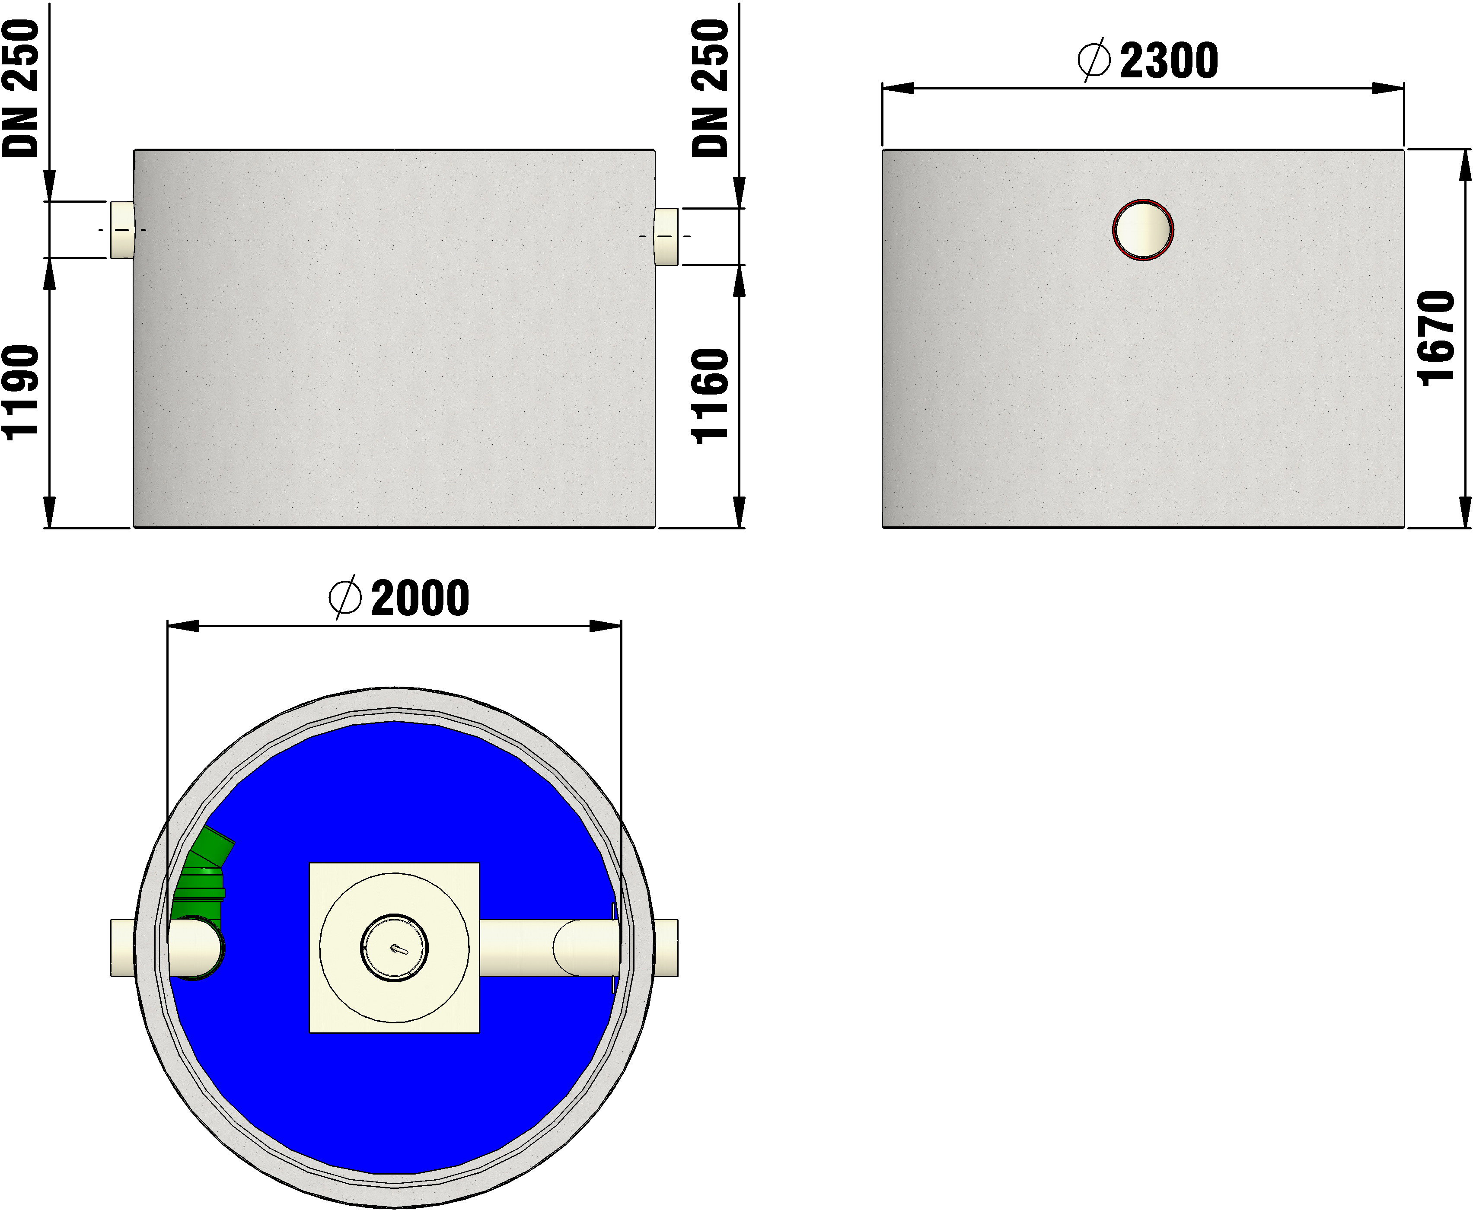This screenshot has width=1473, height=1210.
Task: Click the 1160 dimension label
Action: [711, 395]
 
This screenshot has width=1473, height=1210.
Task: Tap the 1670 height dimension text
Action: [1437, 338]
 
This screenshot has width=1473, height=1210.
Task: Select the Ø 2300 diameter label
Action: [1148, 60]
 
